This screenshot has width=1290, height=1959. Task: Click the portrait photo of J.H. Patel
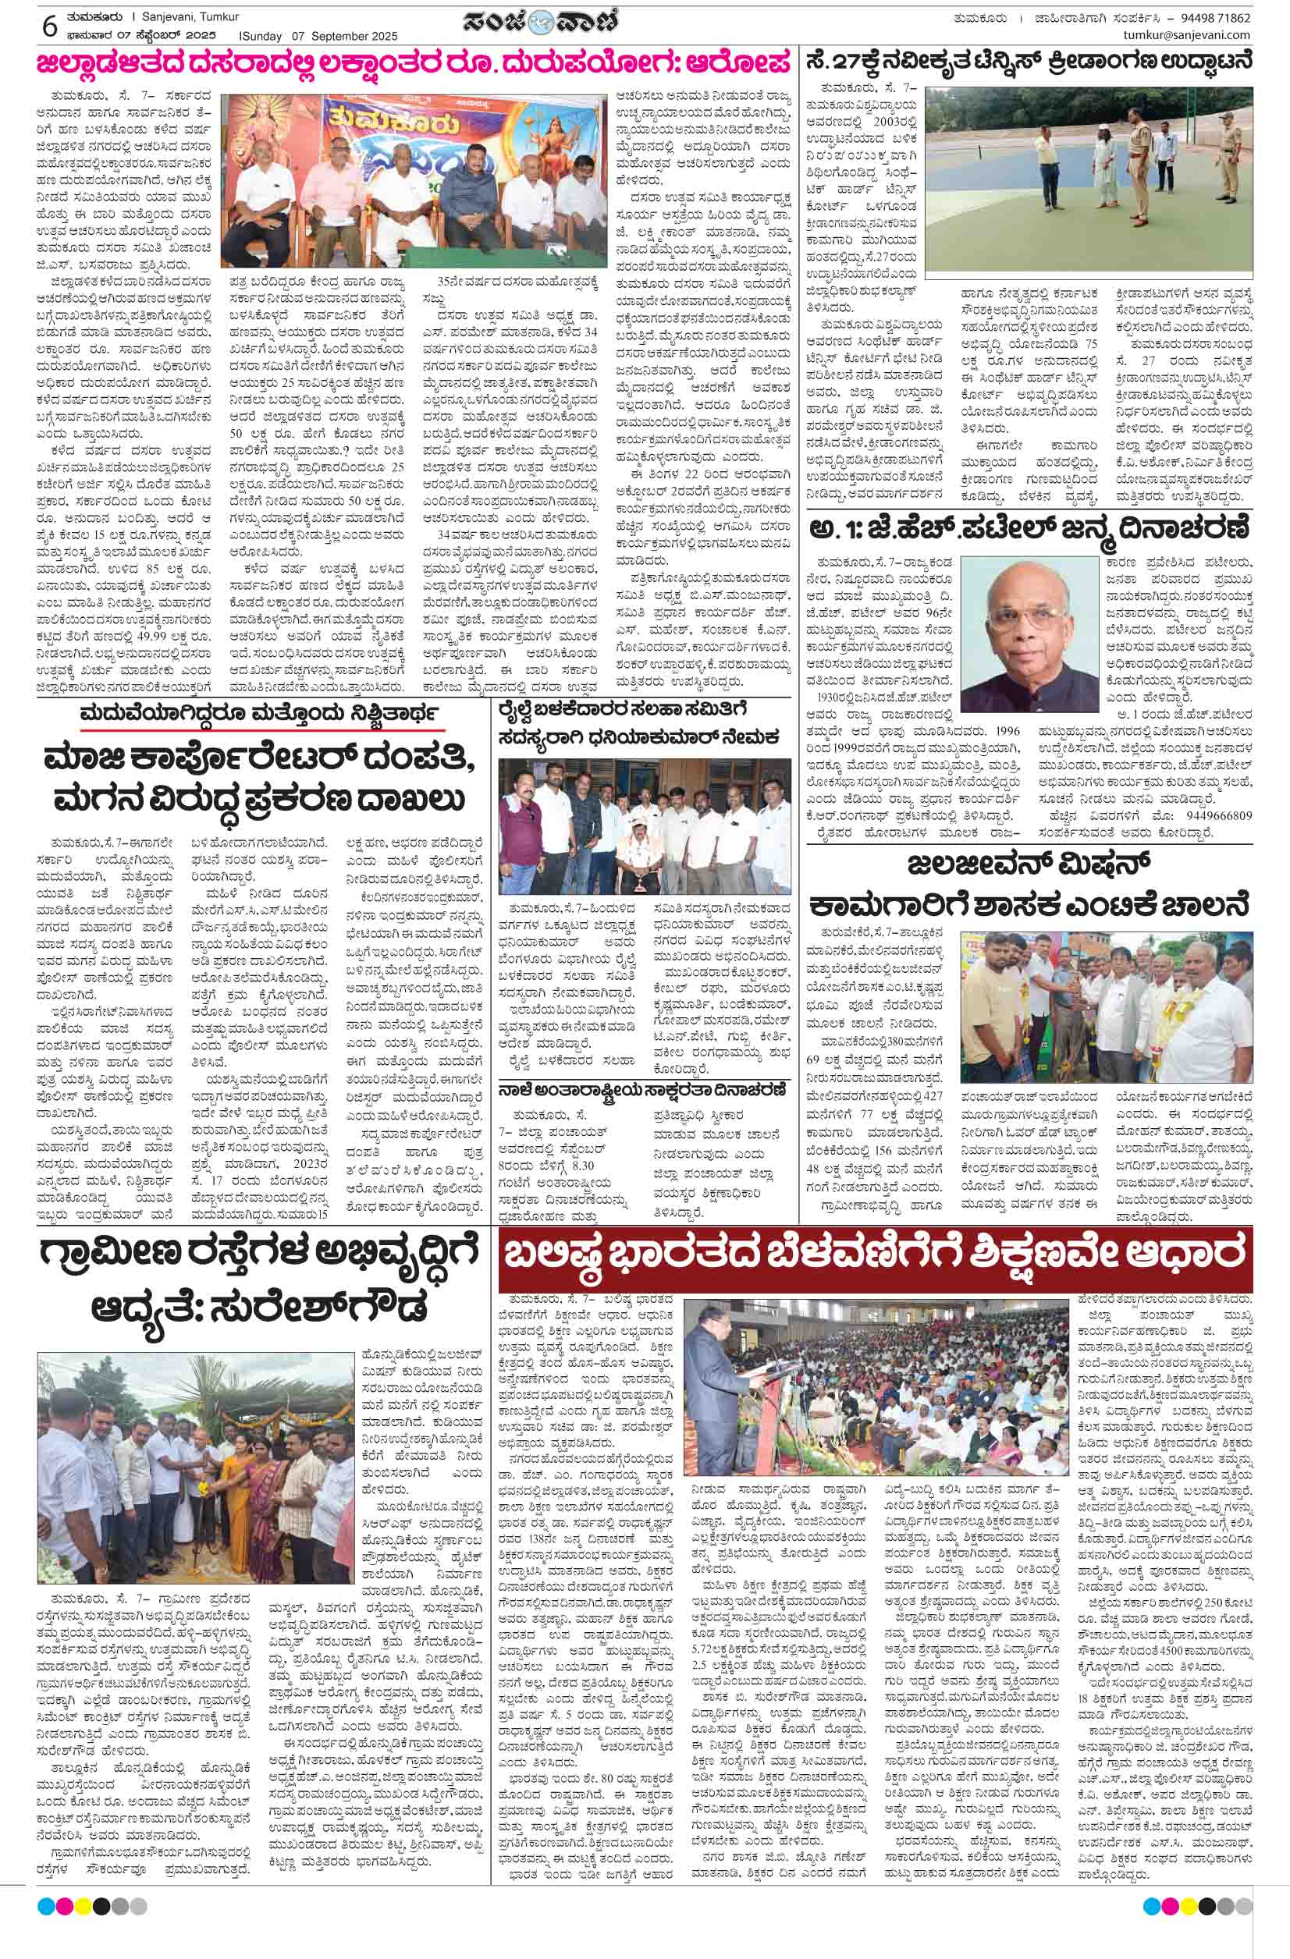click(1031, 634)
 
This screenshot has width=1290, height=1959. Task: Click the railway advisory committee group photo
click(644, 825)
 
